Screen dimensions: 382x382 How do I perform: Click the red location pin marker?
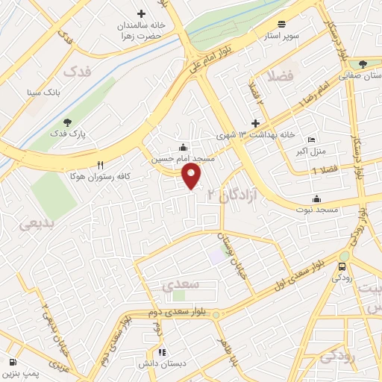point(192,176)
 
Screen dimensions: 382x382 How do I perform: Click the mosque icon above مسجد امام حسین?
point(184,146)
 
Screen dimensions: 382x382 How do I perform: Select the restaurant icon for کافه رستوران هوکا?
point(100,166)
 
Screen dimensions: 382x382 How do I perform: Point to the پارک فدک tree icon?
point(68,121)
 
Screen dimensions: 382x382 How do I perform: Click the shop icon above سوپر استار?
point(281,23)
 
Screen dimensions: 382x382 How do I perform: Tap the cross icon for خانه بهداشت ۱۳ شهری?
point(256,123)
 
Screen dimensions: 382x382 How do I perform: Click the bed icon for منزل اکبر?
point(312,140)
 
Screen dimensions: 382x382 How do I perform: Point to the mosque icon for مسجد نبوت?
point(317,198)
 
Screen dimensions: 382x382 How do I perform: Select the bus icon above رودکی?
point(342,266)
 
